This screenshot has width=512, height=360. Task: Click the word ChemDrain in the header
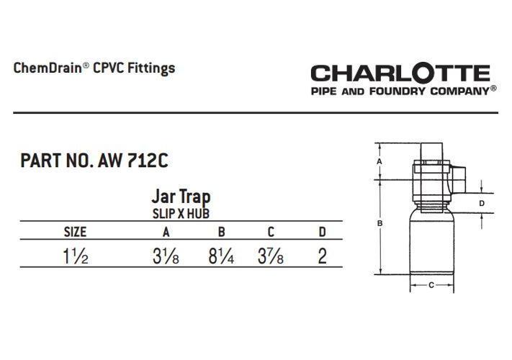point(48,68)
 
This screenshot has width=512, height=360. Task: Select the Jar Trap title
point(181,197)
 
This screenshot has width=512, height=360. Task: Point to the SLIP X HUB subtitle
point(181,214)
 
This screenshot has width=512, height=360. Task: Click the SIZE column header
point(75,232)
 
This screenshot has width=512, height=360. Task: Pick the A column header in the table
point(166,232)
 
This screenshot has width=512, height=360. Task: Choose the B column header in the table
point(221,232)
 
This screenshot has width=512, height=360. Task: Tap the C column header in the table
point(271,232)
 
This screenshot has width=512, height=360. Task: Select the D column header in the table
point(323,232)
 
